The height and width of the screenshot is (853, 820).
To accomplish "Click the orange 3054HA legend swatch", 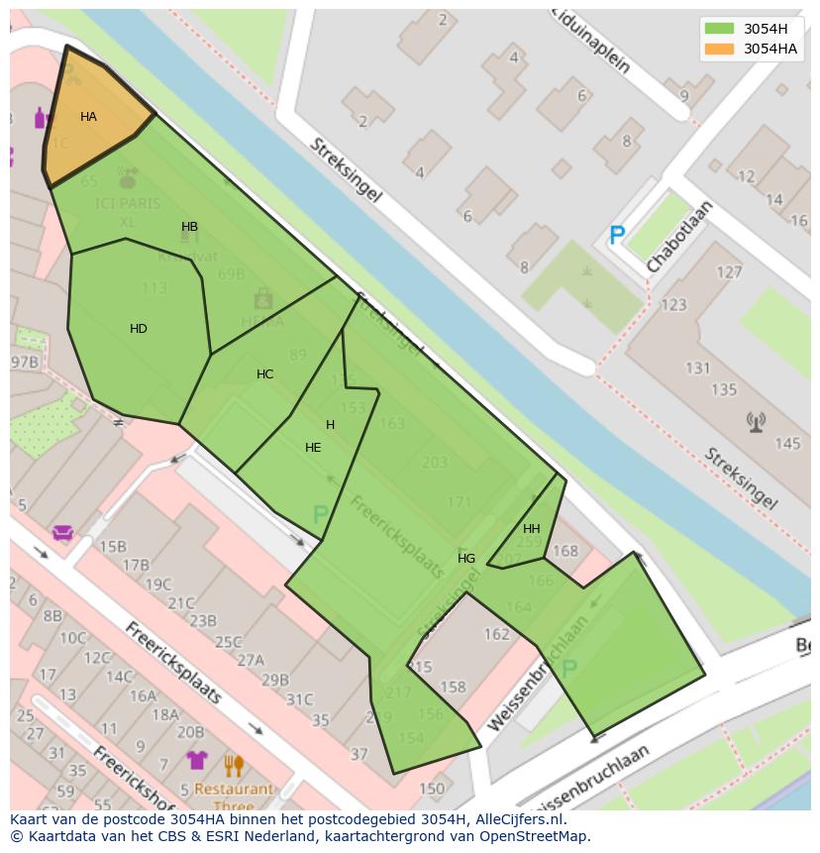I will pos(720,49).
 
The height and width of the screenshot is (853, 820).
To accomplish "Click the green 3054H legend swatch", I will pos(720,29).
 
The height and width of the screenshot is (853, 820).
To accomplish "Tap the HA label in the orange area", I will pos(88,117).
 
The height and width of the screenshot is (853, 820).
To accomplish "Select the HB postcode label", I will pos(189,227).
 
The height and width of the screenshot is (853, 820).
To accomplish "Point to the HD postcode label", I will pos(139,329).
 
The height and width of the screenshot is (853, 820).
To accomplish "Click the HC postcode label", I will pos(264,374).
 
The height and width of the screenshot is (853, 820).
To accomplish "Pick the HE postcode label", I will pos(313,448).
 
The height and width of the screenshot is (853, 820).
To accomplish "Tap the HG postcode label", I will pos(466,559).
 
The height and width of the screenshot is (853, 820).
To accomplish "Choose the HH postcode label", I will pos(532,529).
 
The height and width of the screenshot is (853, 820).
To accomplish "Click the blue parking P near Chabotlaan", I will pos(617,236).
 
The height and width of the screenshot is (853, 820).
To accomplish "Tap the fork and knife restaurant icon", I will pos(234,765).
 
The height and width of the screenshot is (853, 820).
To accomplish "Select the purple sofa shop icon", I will pos(63,533).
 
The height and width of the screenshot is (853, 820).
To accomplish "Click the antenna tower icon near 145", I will pos(757,423).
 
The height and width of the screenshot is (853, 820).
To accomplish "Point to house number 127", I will pos(729,272).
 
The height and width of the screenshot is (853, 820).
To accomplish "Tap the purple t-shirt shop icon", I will pos(197,760).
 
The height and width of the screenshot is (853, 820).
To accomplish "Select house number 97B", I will pos(24,362).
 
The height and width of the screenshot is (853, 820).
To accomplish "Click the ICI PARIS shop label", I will pos(128,205).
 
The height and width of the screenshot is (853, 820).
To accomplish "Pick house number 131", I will pos(697,369).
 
